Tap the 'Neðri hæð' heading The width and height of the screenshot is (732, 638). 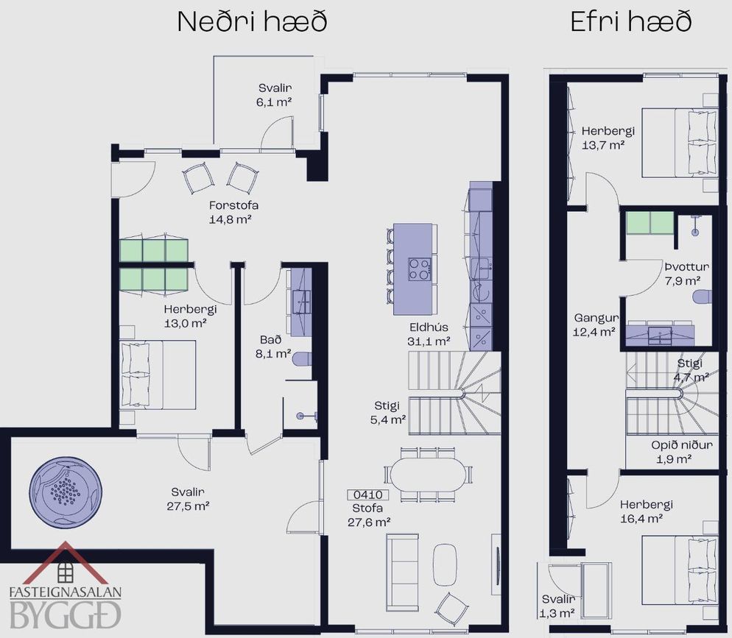click(x=252, y=21)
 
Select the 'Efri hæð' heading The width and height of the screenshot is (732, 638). click(x=630, y=21)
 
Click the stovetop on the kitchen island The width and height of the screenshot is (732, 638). click(x=419, y=269)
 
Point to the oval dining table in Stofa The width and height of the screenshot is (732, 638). click(x=428, y=475)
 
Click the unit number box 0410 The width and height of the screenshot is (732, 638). click(x=368, y=495)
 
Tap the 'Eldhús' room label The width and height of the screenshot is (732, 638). click(x=429, y=327)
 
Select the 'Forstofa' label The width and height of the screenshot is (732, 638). click(x=233, y=205)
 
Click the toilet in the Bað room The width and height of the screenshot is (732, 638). click(x=302, y=358)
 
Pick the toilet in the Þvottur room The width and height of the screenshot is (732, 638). click(x=703, y=297)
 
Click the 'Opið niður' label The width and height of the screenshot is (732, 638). click(x=682, y=445)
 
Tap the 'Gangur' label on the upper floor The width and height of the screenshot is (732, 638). click(x=596, y=318)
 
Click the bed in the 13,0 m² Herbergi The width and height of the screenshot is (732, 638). click(x=158, y=375)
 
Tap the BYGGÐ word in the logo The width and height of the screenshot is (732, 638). click(x=65, y=614)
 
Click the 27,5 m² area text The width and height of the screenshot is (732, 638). click(x=188, y=506)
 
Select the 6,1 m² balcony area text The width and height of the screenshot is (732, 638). click(x=274, y=102)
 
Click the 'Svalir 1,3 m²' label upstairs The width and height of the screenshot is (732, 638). click(x=558, y=606)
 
